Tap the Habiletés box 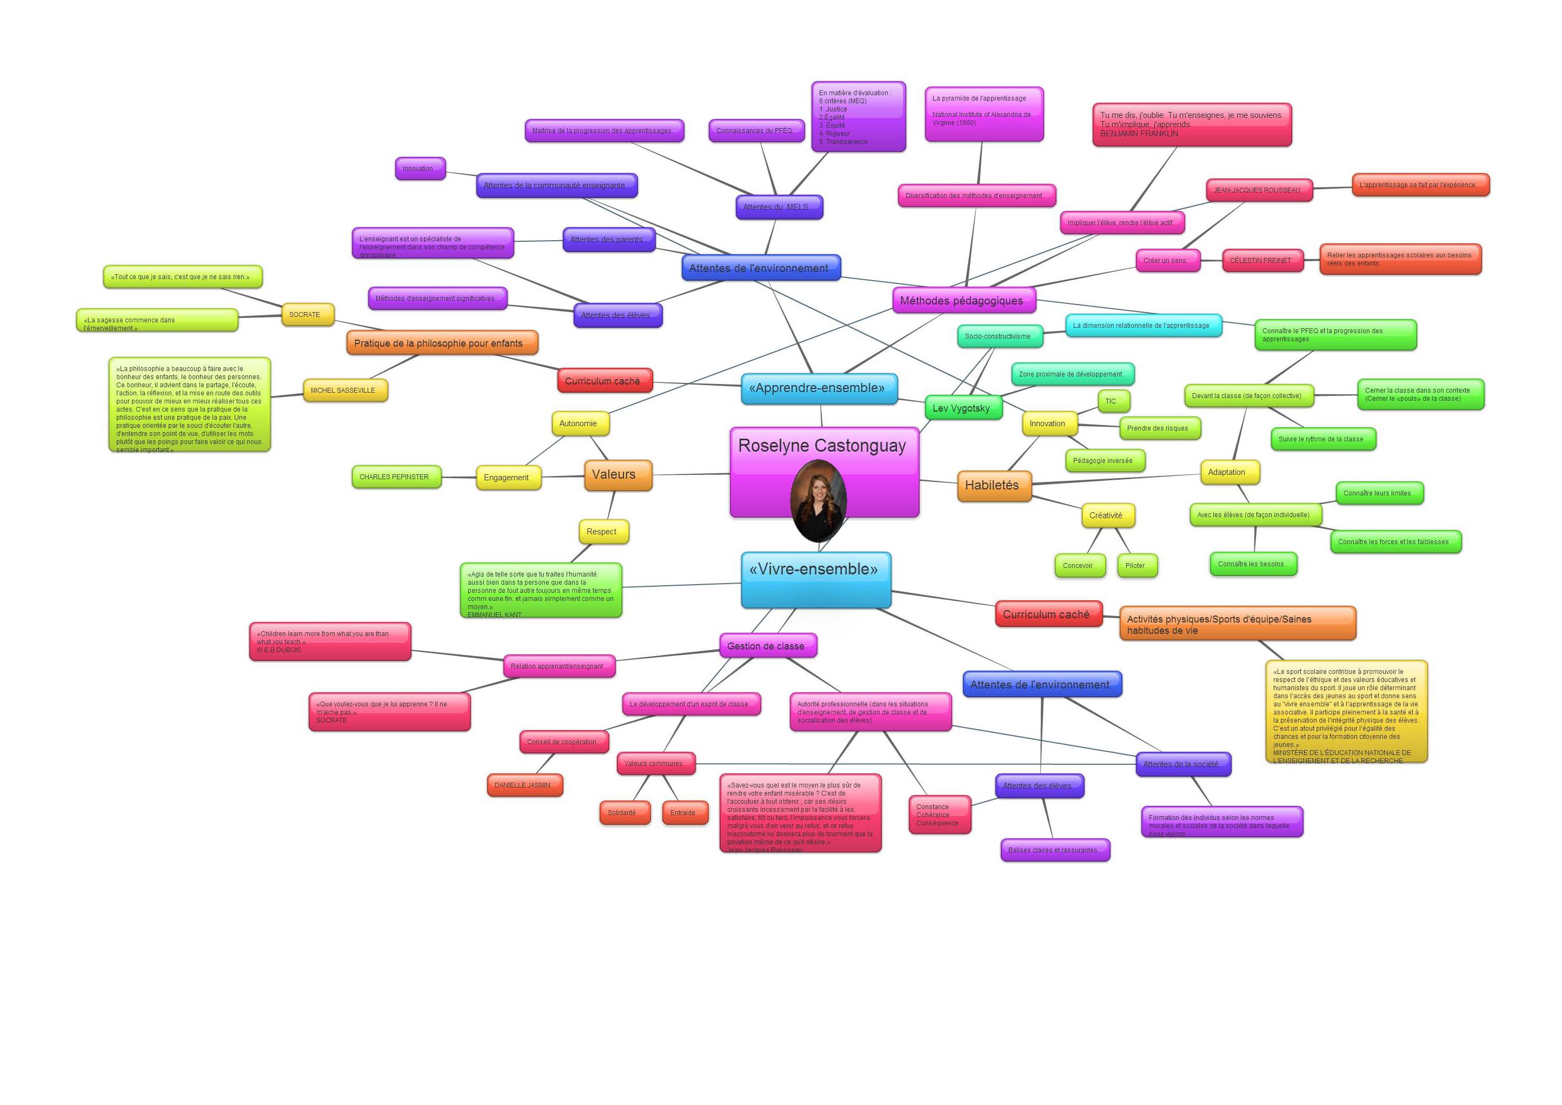coord(993,486)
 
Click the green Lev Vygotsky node coord(962,408)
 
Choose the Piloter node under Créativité coord(1136,565)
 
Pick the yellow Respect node coord(603,532)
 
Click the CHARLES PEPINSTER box coord(395,477)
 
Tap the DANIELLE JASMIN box coord(524,785)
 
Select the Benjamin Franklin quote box coord(1191,124)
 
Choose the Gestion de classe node coord(767,646)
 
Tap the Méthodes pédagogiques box coord(962,301)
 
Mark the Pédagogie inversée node coord(1104,461)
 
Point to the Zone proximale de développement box coord(1072,374)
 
